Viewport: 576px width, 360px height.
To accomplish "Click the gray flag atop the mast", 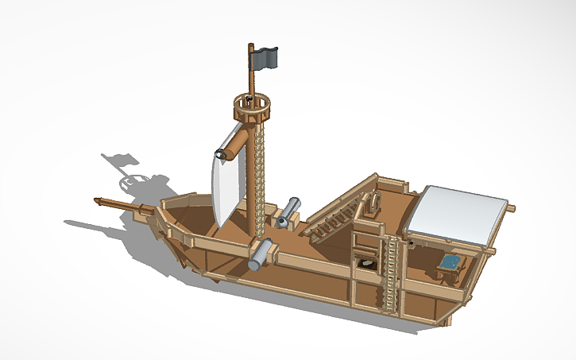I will coord(265,57).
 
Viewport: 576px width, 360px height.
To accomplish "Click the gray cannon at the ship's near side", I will coord(261,254).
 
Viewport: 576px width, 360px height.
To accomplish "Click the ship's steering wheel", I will coord(370,203).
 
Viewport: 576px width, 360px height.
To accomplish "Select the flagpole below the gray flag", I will coord(251,75).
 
